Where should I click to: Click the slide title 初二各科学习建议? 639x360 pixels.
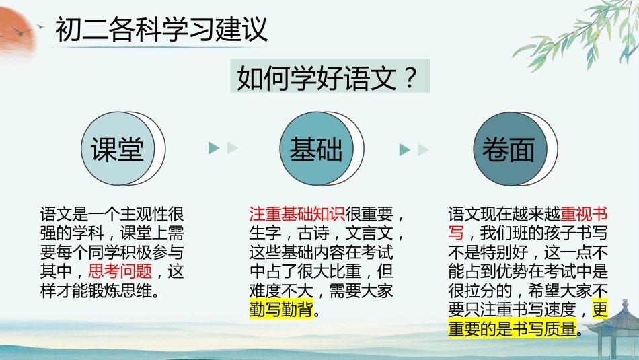point(161,30)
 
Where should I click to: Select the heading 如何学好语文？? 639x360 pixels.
point(328,77)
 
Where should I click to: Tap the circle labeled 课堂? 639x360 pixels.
point(118,149)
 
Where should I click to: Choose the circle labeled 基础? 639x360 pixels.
point(316,149)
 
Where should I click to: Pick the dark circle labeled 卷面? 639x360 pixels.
point(510,149)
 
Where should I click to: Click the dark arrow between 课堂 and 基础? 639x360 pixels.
point(214,148)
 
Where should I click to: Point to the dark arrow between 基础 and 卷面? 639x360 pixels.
point(404,150)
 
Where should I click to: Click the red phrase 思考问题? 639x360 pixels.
point(120,271)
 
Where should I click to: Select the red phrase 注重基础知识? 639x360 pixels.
point(297,213)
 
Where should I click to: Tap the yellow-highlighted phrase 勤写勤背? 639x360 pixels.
point(281,310)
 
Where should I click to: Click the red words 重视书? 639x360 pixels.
point(584,213)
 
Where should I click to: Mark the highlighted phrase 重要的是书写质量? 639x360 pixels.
point(513,329)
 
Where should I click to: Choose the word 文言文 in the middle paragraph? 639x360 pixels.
point(369,233)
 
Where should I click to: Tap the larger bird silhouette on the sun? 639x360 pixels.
point(20,31)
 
